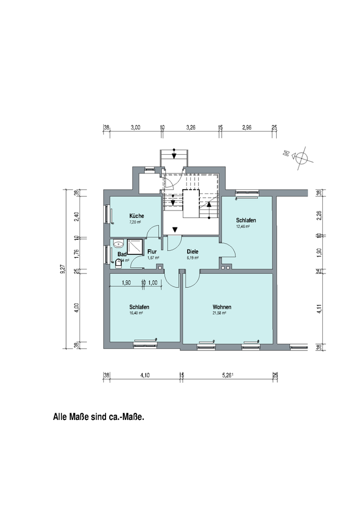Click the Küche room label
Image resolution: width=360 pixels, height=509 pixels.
point(137,216)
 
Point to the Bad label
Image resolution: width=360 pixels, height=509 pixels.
point(122,254)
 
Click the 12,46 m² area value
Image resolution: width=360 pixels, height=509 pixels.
point(243,226)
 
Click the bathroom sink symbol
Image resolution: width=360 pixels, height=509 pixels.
point(118,244)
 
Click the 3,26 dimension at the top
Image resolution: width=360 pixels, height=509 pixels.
point(191,128)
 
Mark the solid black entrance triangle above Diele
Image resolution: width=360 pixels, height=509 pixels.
point(175,229)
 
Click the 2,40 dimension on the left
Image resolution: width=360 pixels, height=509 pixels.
point(76,216)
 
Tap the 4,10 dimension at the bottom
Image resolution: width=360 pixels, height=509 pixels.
point(144,375)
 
